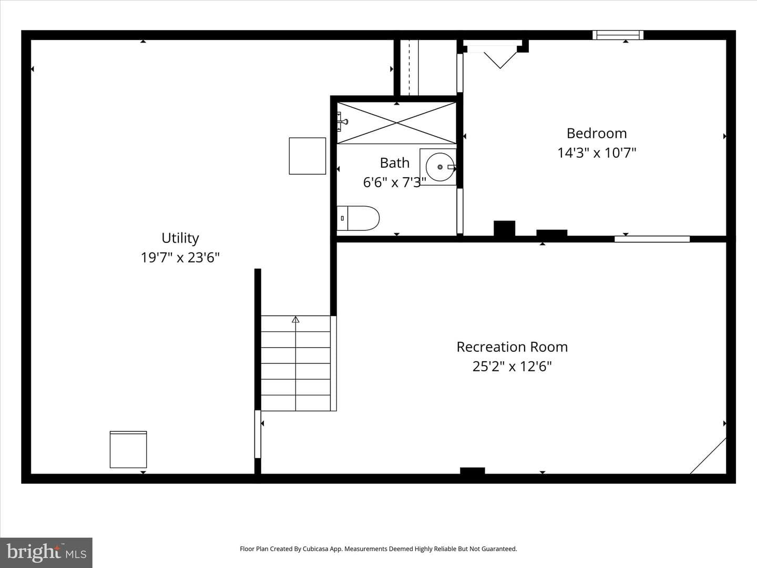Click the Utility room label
pos(180,238)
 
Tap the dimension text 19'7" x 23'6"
pos(180,258)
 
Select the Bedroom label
pos(597,134)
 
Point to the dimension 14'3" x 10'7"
pos(597,153)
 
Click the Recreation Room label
pos(512,347)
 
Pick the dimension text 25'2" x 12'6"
pos(512,366)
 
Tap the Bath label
pos(395,163)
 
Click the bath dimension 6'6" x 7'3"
pos(395,182)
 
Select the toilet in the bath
pos(358,218)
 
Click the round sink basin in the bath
pos(440,167)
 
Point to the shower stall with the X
pos(396,123)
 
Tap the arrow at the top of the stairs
pos(295,320)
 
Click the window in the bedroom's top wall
pos(618,35)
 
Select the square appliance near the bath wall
pos(308,156)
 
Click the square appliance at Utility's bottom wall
pos(128,449)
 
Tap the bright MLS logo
pos(46,552)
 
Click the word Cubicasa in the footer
pos(315,549)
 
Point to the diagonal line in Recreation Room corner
pos(708,456)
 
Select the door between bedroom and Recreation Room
pos(652,239)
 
